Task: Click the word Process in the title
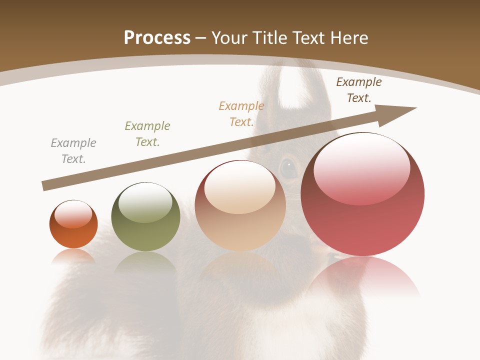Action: click(x=157, y=38)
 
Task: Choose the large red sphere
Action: click(x=362, y=220)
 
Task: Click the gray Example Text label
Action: click(x=73, y=151)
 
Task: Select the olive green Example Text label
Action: click(x=147, y=134)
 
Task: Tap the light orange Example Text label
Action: click(x=241, y=114)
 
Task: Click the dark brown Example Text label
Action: click(x=359, y=90)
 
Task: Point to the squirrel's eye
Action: click(x=288, y=167)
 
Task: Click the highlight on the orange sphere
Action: click(x=73, y=214)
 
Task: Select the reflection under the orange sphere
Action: click(x=73, y=256)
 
